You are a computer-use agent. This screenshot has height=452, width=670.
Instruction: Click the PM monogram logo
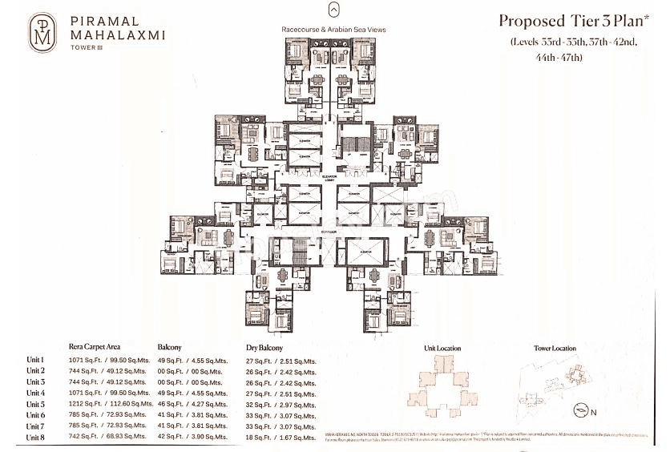41,32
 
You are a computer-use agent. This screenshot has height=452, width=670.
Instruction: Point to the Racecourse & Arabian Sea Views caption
333,30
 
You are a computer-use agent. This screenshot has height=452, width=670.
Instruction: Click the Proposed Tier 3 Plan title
567,21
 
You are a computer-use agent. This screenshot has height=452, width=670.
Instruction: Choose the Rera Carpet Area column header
100,348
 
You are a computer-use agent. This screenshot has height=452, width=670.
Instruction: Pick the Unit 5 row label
35,404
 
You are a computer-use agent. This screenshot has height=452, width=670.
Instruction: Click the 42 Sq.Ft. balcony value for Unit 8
185,438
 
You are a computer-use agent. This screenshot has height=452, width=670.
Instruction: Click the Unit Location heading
442,349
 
